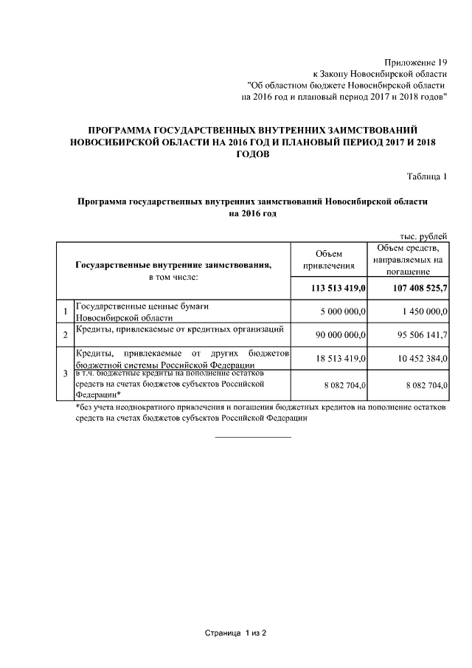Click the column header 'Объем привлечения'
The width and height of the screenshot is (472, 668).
tap(329, 260)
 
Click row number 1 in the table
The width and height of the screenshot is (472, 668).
tap(66, 311)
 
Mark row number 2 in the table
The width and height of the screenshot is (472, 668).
tap(66, 335)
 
